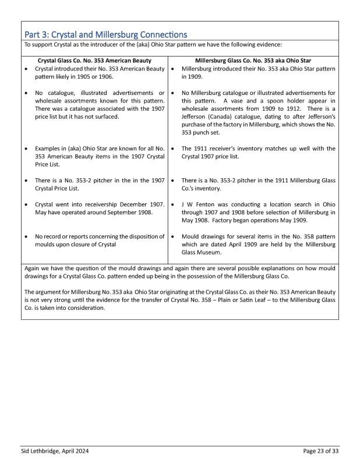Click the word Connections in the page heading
[x=154, y=34]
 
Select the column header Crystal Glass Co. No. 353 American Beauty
[x=94, y=60]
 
